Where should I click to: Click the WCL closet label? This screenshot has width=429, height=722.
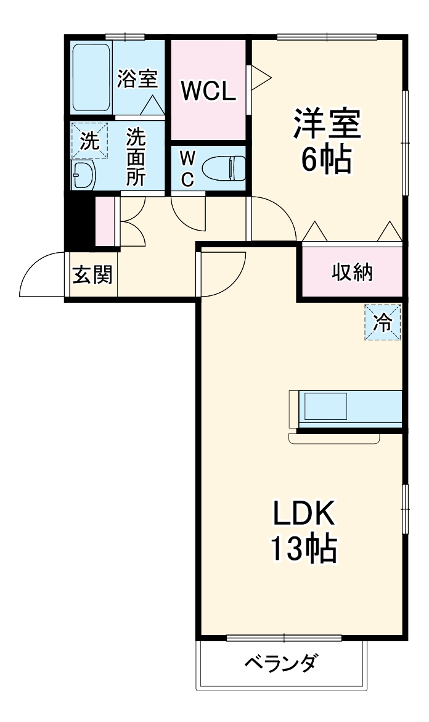[x=208, y=92]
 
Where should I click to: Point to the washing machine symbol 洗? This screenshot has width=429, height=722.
[x=89, y=141]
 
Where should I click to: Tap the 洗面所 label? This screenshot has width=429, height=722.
[x=136, y=157]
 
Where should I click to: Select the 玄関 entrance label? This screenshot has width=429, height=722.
[x=93, y=274]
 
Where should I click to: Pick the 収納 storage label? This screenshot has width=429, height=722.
[x=353, y=272]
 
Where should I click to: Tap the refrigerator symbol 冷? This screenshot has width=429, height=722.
[x=383, y=322]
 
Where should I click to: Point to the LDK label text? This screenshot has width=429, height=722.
[x=303, y=514]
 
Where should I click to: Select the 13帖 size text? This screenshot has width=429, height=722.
[x=303, y=548]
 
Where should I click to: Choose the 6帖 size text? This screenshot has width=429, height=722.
[x=326, y=160]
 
